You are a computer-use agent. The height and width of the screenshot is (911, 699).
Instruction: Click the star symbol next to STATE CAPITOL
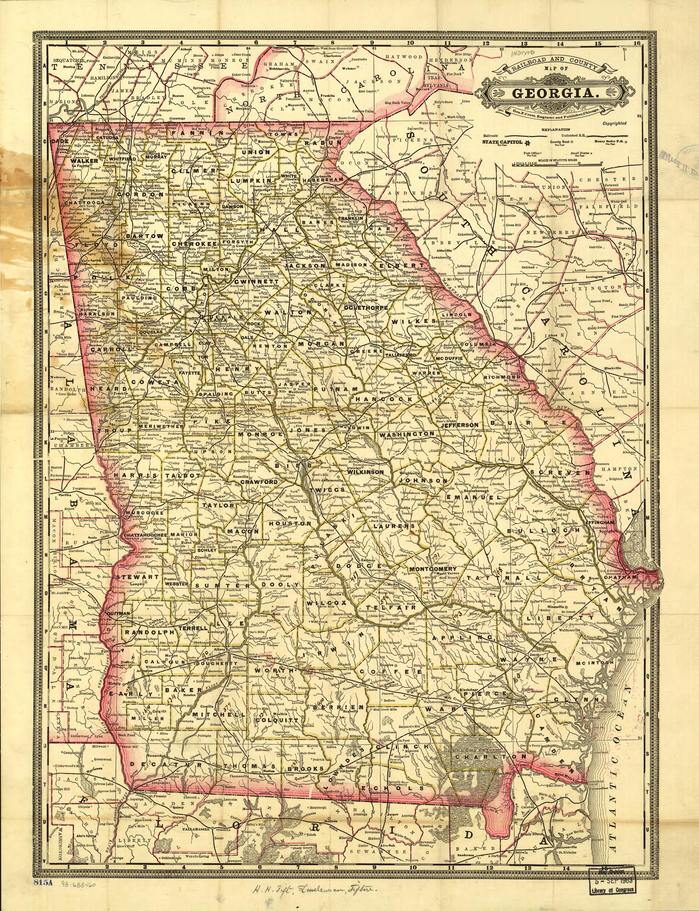coord(527,143)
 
